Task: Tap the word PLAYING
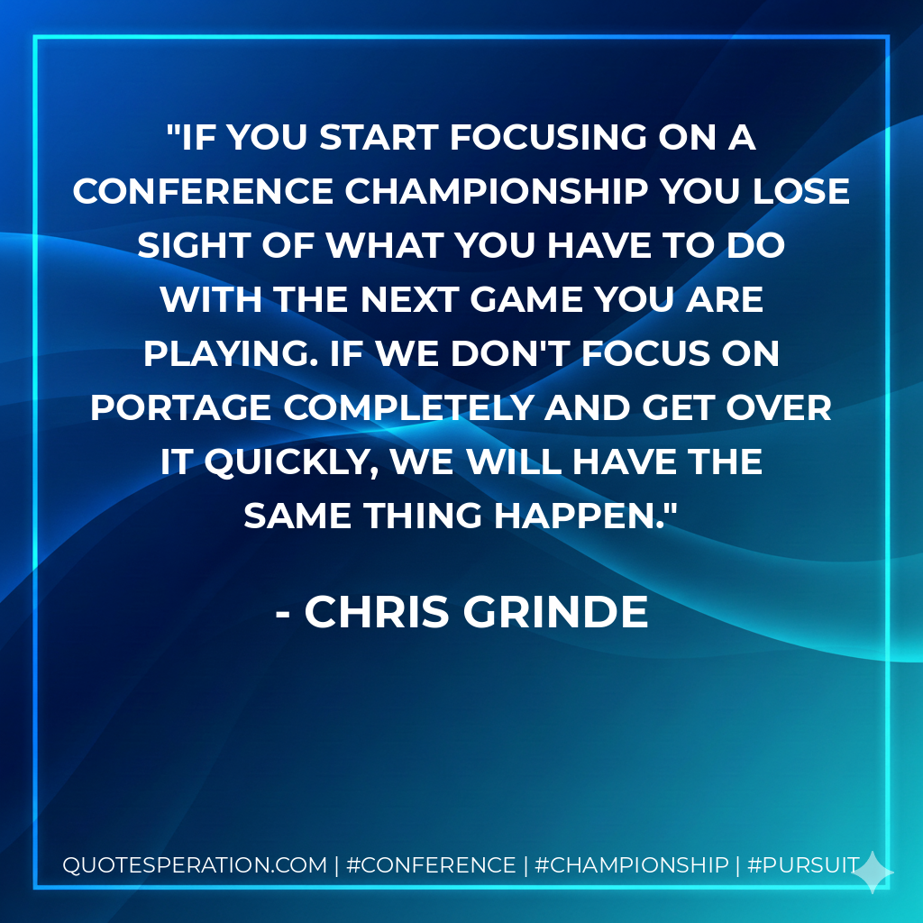click(x=223, y=354)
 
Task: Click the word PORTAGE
click(x=180, y=408)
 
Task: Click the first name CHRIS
click(x=377, y=613)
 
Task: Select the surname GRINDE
click(x=556, y=613)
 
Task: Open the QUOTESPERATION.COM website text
click(x=194, y=865)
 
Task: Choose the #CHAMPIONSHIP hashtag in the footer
click(x=631, y=865)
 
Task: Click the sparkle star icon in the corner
click(x=873, y=872)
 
